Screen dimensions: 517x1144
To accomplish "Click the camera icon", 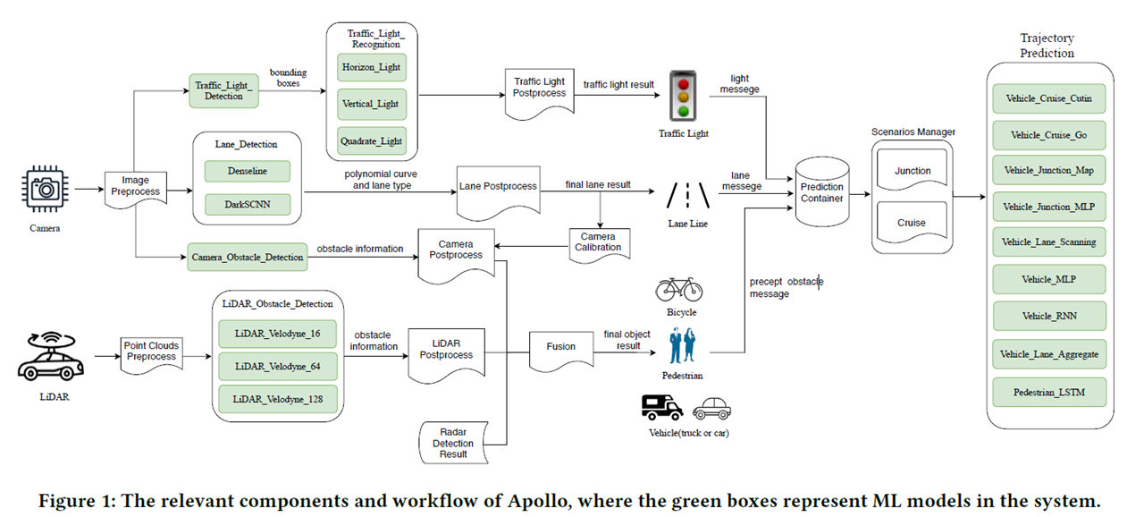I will point(43,190).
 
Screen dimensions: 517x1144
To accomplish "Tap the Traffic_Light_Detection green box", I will point(223,90).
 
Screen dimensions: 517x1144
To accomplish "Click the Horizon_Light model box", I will point(372,67).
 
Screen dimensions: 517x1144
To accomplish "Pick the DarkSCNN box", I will point(248,204).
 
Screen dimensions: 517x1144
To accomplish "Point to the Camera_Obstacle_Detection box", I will point(248,258).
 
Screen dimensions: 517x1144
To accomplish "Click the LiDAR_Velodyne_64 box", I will point(279,366).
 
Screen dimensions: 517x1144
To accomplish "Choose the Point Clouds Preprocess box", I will point(151,352).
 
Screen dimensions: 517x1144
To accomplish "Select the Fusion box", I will point(561,347).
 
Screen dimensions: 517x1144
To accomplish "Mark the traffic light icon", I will point(683,96).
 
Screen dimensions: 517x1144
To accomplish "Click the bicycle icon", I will point(679,289).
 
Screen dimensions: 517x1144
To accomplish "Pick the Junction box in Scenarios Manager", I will point(913,171).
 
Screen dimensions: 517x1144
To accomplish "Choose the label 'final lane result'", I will point(598,185).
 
